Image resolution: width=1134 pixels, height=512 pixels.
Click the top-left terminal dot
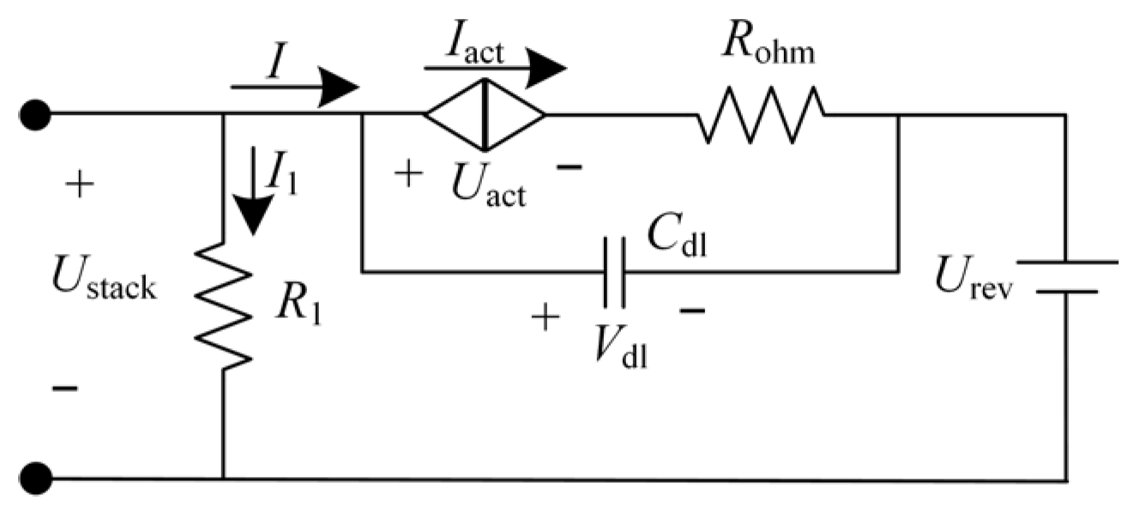pos(36,113)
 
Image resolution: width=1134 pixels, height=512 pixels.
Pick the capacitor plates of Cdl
pos(614,272)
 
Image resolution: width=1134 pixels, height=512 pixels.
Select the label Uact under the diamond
pos(487,184)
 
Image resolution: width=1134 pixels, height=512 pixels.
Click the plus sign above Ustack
pos(80,185)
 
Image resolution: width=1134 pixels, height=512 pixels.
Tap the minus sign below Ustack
pos(65,389)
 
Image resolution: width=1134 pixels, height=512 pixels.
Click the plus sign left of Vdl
pos(546,319)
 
